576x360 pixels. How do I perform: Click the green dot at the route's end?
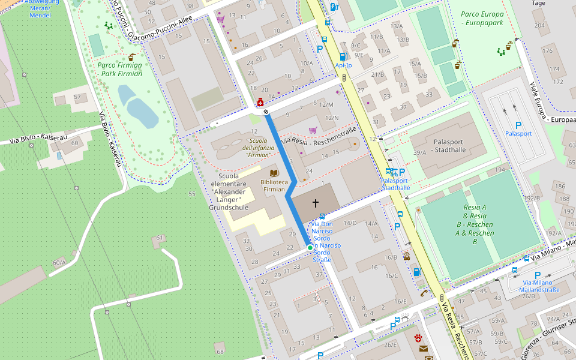pyautogui.click(x=310, y=247)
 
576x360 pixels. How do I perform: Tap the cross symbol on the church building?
pyautogui.click(x=316, y=203)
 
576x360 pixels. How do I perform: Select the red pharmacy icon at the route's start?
pyautogui.click(x=260, y=103)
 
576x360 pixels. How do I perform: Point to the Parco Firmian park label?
pyautogui.click(x=120, y=70)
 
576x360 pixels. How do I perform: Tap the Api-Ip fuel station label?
pyautogui.click(x=344, y=65)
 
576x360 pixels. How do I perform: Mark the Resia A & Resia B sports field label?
pyautogui.click(x=474, y=224)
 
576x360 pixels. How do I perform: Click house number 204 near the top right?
pyautogui.click(x=539, y=26)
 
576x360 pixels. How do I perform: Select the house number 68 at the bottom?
pyautogui.click(x=220, y=351)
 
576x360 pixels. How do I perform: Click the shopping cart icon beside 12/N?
pyautogui.click(x=313, y=130)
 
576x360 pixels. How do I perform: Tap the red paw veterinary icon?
pyautogui.click(x=418, y=338)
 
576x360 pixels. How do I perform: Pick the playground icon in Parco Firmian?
pyautogui.click(x=109, y=25)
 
